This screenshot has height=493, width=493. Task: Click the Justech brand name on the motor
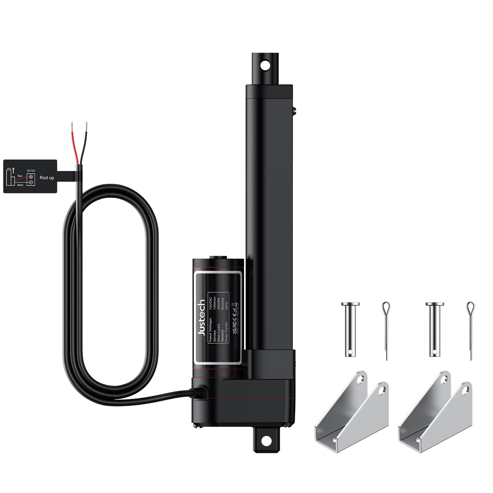[x=202, y=317]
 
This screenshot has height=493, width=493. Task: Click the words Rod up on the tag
[x=47, y=178]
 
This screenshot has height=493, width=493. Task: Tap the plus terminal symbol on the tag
[x=31, y=177]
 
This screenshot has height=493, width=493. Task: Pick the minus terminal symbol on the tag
[x=31, y=182]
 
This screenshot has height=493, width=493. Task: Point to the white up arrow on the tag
[x=13, y=170]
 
